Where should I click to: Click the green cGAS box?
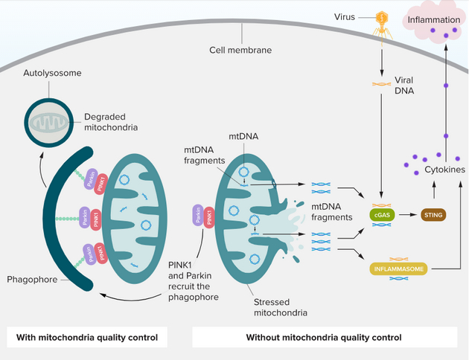[383, 215]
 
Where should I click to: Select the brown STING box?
[433, 215]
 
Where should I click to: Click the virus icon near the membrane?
[382, 21]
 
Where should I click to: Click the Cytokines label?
[444, 170]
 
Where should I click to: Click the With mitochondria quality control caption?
[87, 337]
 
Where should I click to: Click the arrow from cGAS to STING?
[408, 215]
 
